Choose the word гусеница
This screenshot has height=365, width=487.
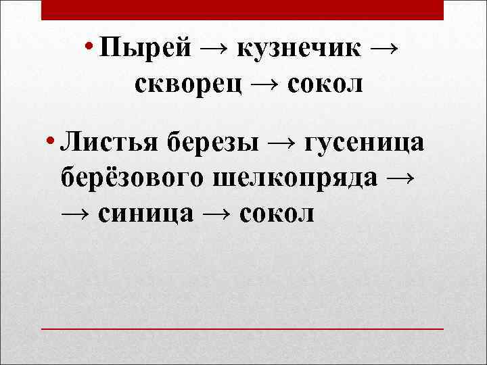pos(365,143)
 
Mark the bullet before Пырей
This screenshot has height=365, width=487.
pos(89,47)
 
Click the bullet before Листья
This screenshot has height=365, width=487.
pos(51,142)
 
